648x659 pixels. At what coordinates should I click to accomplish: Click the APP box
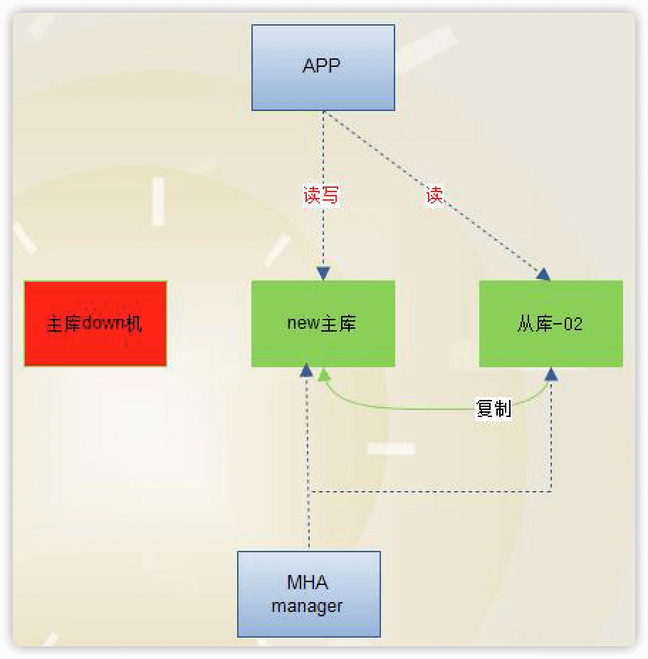point(323,68)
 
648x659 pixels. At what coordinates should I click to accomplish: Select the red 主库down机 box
point(95,323)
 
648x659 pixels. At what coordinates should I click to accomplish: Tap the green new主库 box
point(323,324)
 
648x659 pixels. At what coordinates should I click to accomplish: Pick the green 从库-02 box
point(550,324)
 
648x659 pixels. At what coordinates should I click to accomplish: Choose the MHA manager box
point(309,594)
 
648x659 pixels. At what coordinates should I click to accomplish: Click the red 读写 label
point(321,195)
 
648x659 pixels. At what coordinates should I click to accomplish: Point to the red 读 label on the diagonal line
point(434,195)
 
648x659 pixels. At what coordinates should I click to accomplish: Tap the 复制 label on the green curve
point(493,409)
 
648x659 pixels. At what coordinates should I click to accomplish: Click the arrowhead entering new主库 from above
point(323,273)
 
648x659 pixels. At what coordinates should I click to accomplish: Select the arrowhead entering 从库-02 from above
point(543,274)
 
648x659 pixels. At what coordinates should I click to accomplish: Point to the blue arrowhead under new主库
point(307,370)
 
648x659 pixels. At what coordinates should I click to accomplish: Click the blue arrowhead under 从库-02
point(551,374)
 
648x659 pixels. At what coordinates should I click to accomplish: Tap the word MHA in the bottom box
point(308,582)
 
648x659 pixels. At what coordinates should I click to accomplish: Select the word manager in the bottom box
point(307,606)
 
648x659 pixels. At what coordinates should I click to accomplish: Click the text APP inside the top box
point(322,66)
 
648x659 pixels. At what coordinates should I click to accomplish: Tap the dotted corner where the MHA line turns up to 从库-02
point(551,490)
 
